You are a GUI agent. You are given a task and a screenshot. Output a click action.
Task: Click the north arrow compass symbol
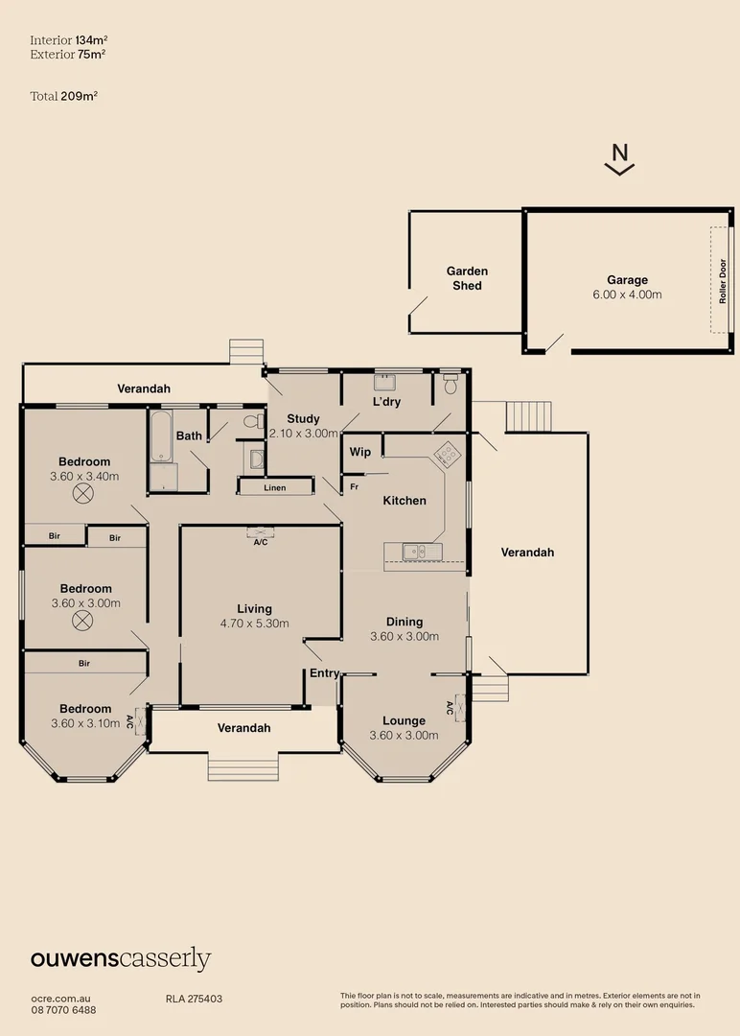click(620, 158)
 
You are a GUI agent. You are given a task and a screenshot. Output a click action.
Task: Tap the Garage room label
click(626, 280)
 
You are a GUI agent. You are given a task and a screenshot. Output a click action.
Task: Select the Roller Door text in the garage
click(724, 280)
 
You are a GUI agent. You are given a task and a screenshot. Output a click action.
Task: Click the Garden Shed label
click(467, 278)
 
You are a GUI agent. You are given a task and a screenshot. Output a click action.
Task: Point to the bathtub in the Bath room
click(161, 436)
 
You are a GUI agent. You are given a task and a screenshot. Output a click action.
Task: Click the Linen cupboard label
click(275, 488)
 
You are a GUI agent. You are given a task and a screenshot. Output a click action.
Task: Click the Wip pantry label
click(360, 452)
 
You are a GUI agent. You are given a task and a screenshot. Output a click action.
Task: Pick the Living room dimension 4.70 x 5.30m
click(255, 624)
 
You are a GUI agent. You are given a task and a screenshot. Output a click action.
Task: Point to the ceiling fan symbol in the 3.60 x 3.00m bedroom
click(84, 622)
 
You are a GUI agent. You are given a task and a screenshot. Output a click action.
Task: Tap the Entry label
click(324, 673)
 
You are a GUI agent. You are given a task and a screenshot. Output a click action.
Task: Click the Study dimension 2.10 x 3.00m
click(304, 434)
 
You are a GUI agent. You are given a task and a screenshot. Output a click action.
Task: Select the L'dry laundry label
click(386, 402)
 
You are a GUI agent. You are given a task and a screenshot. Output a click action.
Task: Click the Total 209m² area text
click(65, 96)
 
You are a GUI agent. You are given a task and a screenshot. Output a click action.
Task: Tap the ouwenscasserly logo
click(121, 958)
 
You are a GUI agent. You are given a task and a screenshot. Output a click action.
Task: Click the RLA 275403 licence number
click(195, 999)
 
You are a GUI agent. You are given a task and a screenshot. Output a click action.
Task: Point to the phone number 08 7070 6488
click(63, 1010)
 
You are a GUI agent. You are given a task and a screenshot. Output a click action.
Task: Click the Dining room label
click(404, 622)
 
